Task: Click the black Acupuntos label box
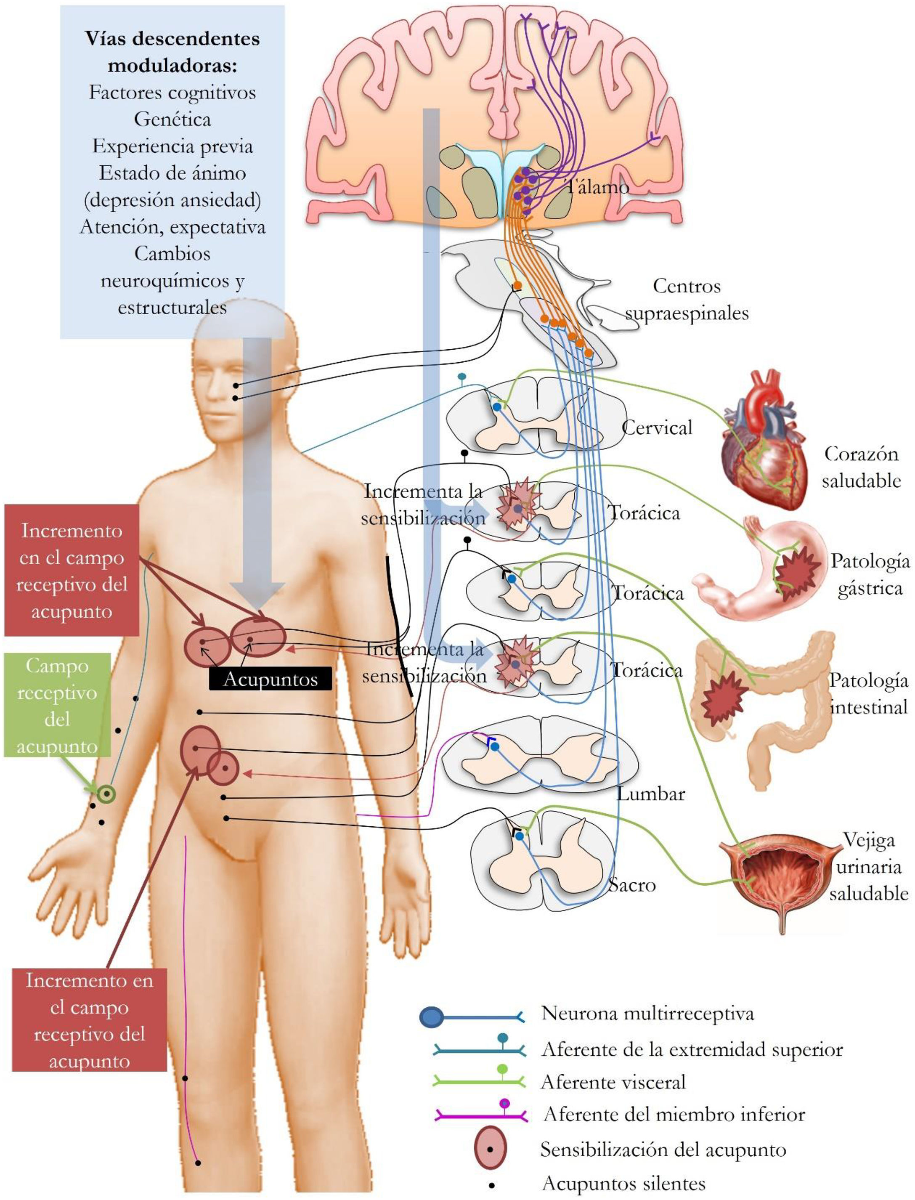click(x=270, y=679)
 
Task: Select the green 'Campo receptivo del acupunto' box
click(x=57, y=706)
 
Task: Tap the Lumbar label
click(x=650, y=794)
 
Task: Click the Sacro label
click(x=632, y=885)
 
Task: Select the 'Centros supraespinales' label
click(x=686, y=300)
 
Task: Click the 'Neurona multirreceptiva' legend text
click(x=647, y=1014)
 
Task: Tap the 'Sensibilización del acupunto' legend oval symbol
click(x=490, y=1149)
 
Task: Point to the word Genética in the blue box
click(x=172, y=119)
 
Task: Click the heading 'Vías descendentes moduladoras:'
click(x=172, y=52)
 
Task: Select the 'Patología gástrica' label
click(x=870, y=575)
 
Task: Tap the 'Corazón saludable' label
click(x=861, y=467)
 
